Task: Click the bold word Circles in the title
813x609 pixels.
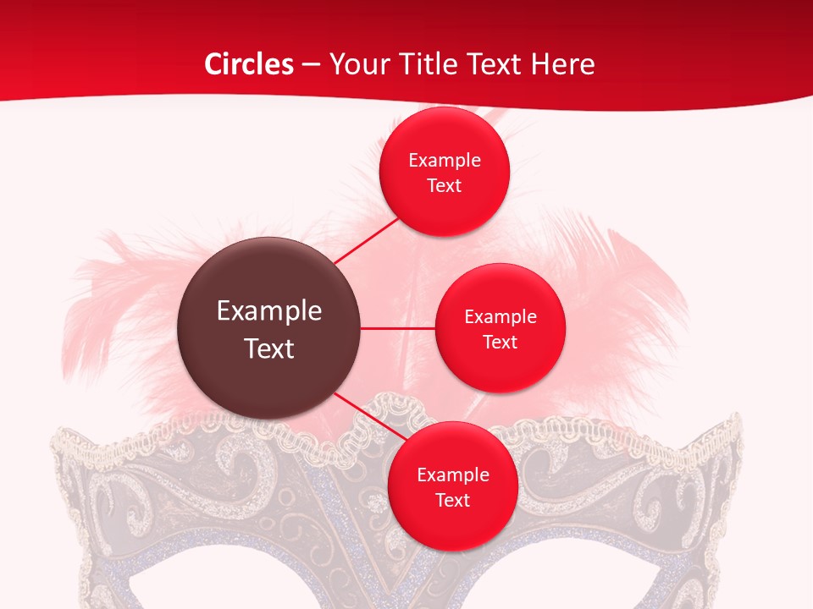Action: (248, 64)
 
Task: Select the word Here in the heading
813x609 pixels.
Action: (564, 64)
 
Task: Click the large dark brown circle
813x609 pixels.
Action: (268, 328)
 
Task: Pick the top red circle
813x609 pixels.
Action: (445, 172)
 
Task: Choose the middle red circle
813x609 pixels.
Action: (500, 328)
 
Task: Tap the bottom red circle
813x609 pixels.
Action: (452, 486)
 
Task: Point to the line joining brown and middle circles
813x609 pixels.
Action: (398, 328)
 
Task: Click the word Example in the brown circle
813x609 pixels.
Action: (268, 311)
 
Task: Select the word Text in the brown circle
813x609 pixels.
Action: (268, 348)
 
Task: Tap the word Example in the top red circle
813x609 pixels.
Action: (445, 160)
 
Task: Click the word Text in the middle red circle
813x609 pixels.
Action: (500, 342)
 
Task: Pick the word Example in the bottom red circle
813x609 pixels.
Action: (452, 475)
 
